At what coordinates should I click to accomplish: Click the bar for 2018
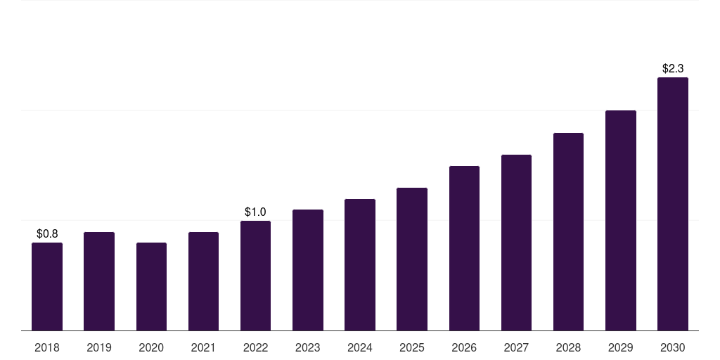coord(47,287)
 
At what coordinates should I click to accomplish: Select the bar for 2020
coord(152,287)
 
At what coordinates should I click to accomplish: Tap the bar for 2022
coord(255,276)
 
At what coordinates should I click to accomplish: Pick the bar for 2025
coord(412,259)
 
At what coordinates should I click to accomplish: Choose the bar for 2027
coord(516,243)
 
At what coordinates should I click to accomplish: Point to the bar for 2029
coord(621,220)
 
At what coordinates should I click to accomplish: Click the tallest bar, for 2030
coord(673,204)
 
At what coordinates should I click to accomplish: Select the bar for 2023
coord(308,270)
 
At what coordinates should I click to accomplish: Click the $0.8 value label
coord(47,234)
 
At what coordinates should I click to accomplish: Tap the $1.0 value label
coord(255,212)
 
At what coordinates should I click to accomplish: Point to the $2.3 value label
coord(673,69)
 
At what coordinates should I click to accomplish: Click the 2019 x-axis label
coord(99,347)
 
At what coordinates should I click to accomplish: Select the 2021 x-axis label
coord(203,347)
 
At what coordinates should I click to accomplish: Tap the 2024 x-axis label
coord(360,347)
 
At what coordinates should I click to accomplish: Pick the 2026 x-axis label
coord(464,347)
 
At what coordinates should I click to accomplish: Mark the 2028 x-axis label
coord(568,347)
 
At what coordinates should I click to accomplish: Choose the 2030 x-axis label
coord(673,347)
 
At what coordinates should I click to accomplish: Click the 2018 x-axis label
coord(47,347)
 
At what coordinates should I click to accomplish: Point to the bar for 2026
coord(464,248)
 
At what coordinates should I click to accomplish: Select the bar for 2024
coord(360,264)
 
